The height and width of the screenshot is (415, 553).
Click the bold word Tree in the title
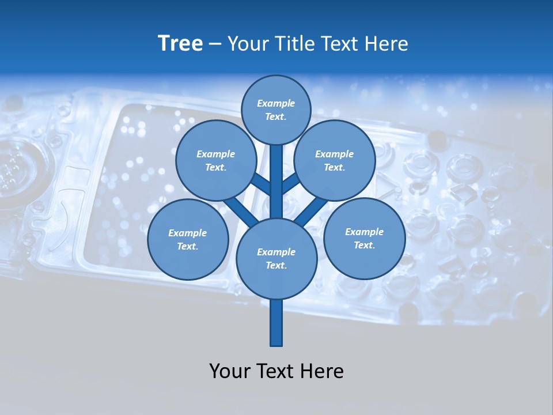(x=180, y=44)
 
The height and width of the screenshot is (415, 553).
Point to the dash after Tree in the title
(x=215, y=44)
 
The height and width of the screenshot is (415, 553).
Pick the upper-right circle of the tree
(x=334, y=160)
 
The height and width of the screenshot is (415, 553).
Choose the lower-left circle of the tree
(x=188, y=239)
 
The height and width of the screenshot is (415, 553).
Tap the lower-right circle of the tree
(x=364, y=238)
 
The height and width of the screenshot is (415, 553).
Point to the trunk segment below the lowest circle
(x=276, y=323)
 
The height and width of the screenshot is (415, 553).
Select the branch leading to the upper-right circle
(x=291, y=184)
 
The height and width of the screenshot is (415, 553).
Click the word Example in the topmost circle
(x=276, y=104)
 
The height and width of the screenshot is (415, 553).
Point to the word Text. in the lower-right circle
(x=364, y=245)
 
